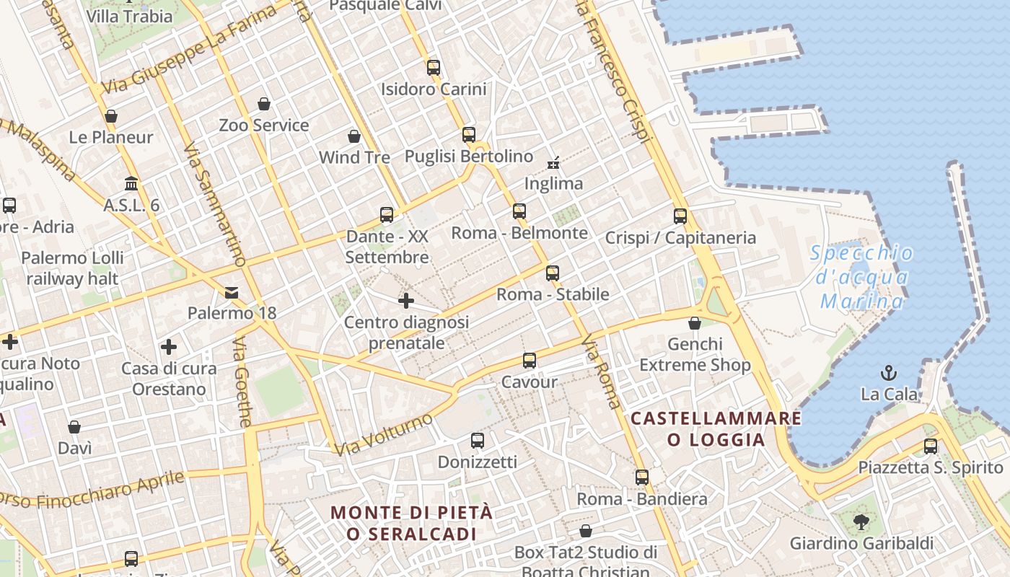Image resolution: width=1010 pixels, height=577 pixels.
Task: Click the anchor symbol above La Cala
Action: tap(889, 373)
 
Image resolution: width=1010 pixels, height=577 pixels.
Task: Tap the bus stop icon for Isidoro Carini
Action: tap(434, 68)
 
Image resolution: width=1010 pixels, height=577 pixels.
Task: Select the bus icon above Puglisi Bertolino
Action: tap(469, 135)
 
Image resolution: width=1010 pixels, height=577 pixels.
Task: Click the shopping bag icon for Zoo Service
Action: tap(264, 104)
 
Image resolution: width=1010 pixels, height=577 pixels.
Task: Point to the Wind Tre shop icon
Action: tap(354, 136)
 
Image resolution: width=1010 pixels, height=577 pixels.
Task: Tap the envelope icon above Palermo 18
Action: tap(232, 292)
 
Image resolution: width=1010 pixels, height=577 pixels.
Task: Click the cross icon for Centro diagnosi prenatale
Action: tap(406, 300)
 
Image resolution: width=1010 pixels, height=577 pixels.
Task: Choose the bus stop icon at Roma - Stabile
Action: tap(553, 273)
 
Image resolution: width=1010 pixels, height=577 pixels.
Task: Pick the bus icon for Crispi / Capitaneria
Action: tap(680, 216)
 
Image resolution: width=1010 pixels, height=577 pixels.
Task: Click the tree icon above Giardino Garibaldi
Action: tap(861, 521)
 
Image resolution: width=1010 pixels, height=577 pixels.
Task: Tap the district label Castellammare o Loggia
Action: tap(716, 429)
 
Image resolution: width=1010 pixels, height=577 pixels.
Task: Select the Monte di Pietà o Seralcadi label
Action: tap(411, 523)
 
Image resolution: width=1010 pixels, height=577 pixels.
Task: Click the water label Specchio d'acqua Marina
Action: tap(862, 277)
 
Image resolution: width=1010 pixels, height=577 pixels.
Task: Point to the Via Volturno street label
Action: tap(383, 434)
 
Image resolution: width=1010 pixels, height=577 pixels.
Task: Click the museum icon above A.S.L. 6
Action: tap(131, 184)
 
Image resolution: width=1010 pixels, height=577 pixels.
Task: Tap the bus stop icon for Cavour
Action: tap(530, 361)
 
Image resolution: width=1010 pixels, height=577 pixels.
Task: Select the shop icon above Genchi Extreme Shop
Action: tap(695, 322)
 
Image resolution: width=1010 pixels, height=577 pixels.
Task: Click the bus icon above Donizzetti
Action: tap(478, 441)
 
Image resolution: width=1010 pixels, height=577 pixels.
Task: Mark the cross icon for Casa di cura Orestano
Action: tap(169, 348)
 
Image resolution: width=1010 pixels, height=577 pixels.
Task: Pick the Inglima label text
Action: tap(553, 184)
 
